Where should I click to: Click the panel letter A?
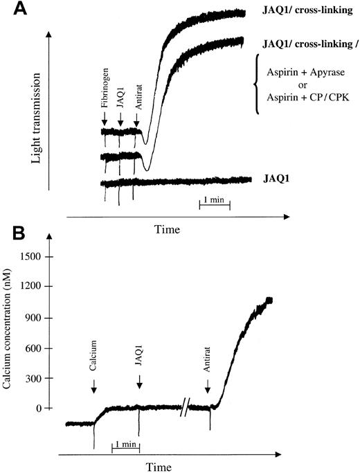pyautogui.click(x=11, y=10)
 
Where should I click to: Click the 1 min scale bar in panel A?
pyautogui.click(x=214, y=201)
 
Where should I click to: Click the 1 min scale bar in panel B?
pyautogui.click(x=125, y=446)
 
